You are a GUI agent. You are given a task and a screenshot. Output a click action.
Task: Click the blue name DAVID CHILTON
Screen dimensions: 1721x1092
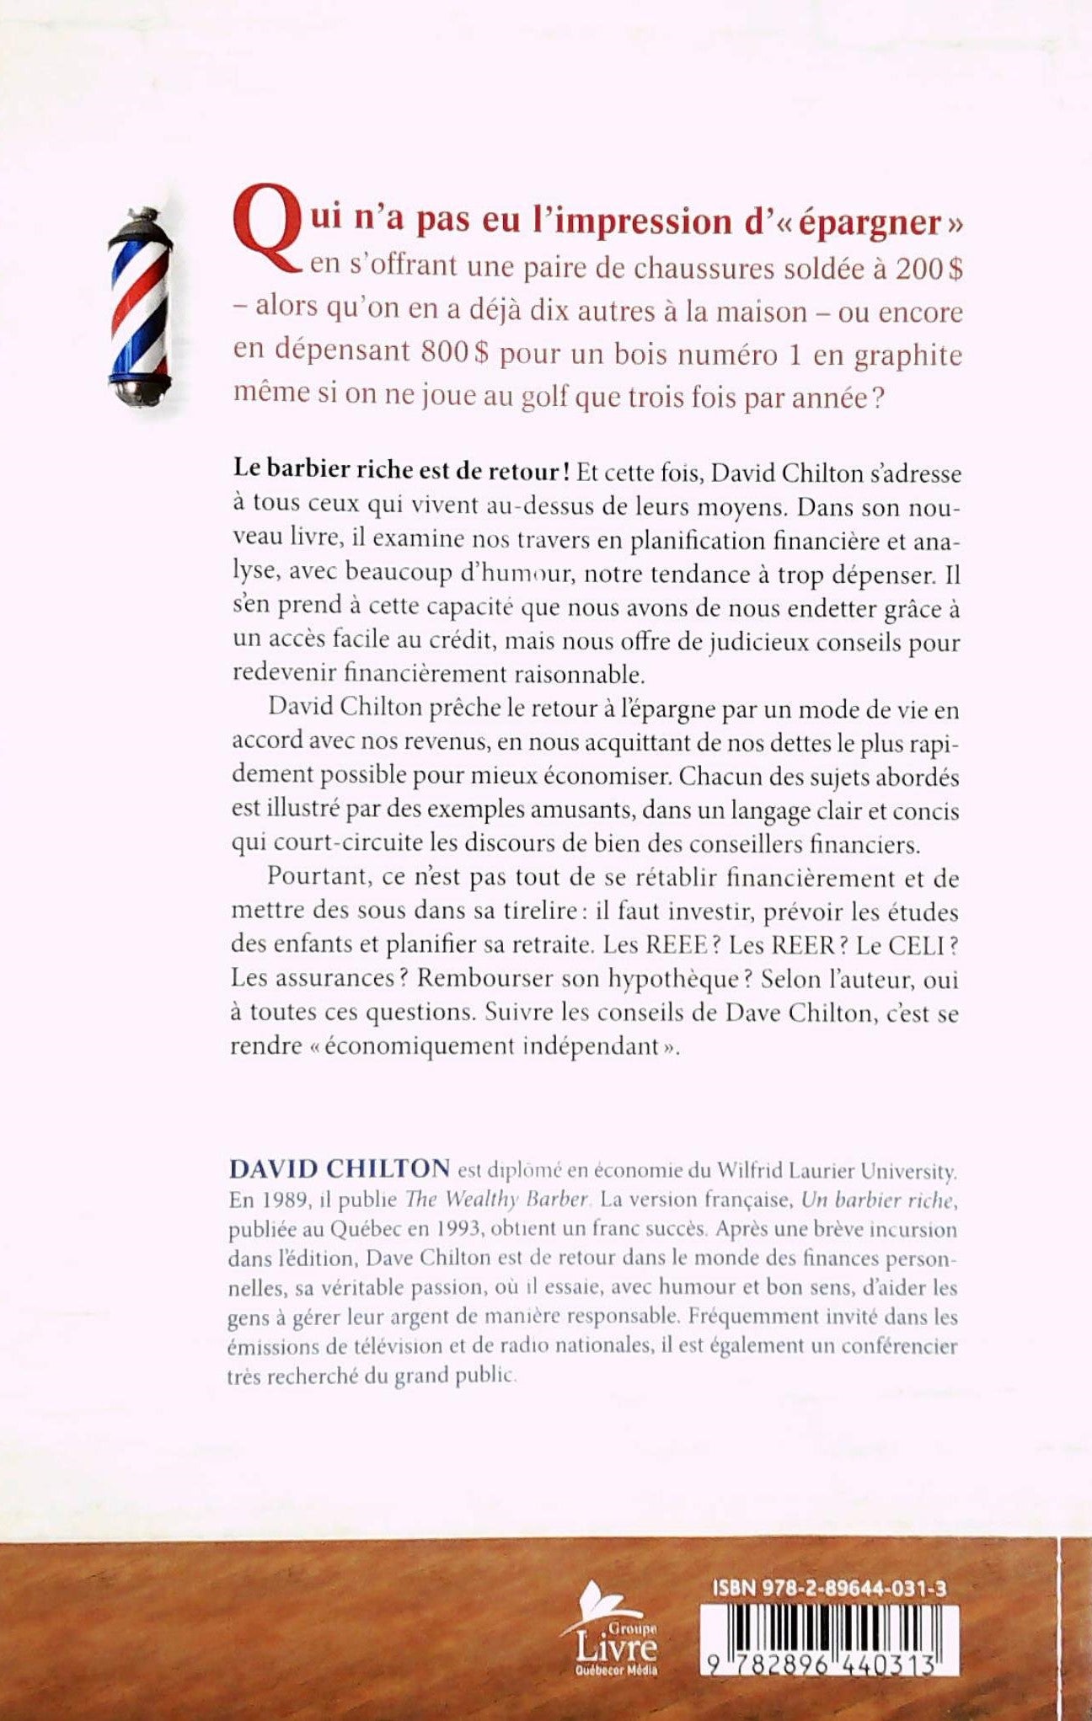340,1169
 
